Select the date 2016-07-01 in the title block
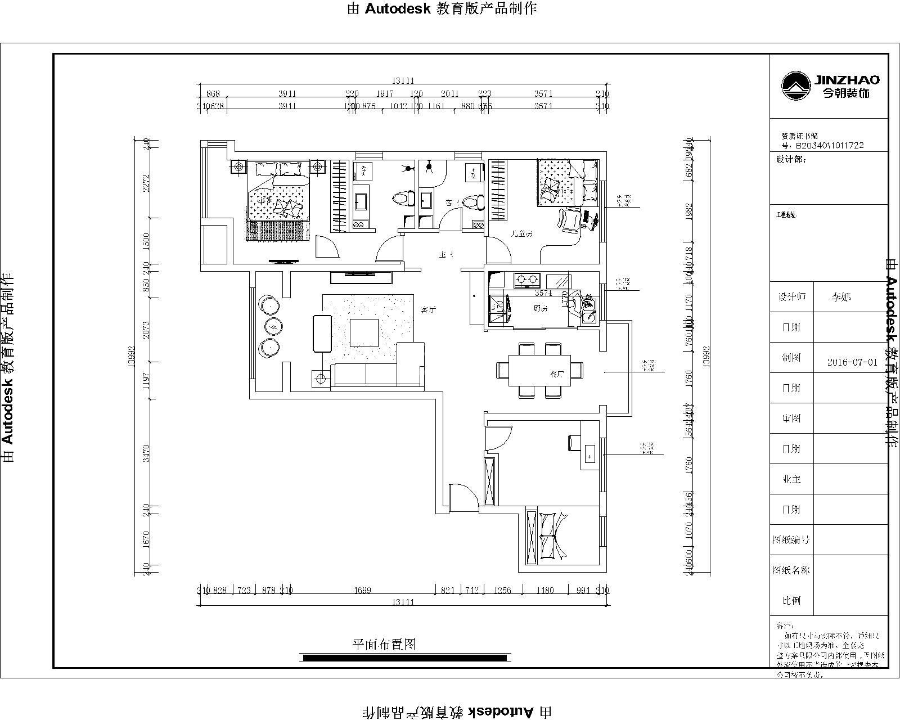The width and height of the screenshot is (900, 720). pyautogui.click(x=852, y=362)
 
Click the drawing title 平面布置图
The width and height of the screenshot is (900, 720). pyautogui.click(x=384, y=644)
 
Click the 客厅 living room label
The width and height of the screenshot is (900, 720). pyautogui.click(x=429, y=309)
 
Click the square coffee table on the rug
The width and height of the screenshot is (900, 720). pyautogui.click(x=364, y=332)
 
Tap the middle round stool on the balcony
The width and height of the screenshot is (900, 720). pyautogui.click(x=273, y=326)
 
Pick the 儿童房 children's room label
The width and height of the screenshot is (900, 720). pyautogui.click(x=521, y=232)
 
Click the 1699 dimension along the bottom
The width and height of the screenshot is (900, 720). pyautogui.click(x=363, y=590)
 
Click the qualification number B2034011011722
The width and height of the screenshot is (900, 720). pyautogui.click(x=829, y=145)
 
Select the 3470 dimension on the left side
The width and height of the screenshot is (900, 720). pyautogui.click(x=146, y=453)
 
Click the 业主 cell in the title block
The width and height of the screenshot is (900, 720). pyautogui.click(x=791, y=479)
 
